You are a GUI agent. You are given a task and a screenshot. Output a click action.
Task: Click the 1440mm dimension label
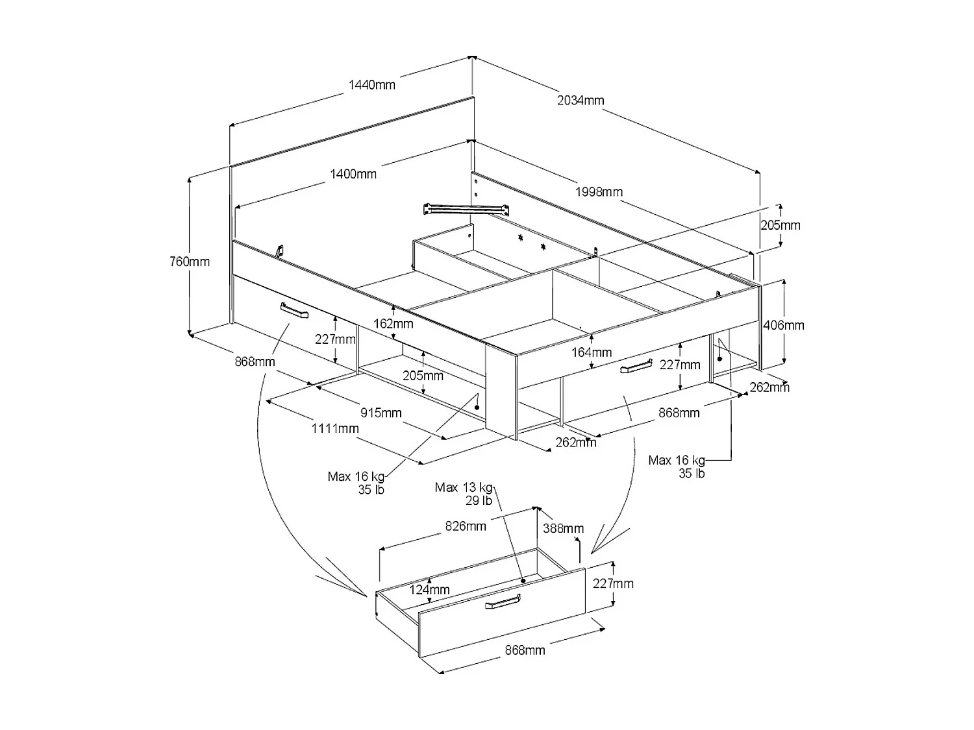(x=371, y=84)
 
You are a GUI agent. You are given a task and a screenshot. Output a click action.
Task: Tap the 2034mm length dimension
(x=581, y=100)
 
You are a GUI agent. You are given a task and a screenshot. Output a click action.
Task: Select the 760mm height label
(x=190, y=262)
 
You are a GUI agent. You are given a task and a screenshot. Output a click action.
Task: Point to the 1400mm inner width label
(x=353, y=174)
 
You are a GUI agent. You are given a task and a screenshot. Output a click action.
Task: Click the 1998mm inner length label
(x=599, y=191)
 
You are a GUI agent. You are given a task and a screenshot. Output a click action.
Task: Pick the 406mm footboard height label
(x=783, y=325)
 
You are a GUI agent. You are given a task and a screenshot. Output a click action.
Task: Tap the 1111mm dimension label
(x=335, y=428)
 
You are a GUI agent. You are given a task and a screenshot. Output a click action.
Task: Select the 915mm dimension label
(x=381, y=413)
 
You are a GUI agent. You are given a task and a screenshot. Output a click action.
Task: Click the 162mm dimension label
(x=393, y=323)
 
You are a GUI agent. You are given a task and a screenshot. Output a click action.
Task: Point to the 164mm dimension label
(x=592, y=352)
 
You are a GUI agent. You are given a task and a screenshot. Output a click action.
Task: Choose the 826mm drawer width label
(x=466, y=526)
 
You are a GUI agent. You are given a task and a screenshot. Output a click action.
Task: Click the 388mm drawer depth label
(x=563, y=529)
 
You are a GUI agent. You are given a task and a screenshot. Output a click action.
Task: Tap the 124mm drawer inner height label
(x=429, y=589)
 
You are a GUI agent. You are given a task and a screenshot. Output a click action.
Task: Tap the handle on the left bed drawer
(x=295, y=311)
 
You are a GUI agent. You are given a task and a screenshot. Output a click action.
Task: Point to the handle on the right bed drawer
(x=636, y=367)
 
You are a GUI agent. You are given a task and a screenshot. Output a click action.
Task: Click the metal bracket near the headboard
(x=465, y=209)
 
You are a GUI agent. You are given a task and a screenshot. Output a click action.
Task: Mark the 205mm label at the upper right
(x=780, y=225)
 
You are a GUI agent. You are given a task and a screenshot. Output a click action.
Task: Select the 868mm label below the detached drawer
(x=525, y=650)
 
